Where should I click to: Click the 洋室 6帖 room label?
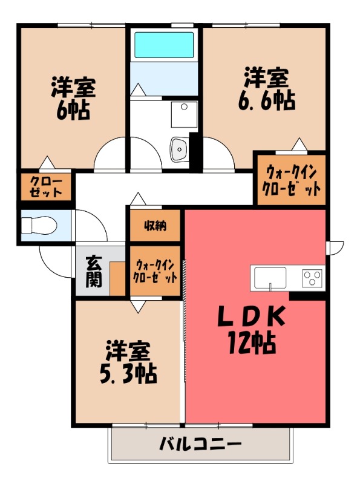click(73, 98)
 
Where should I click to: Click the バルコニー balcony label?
click(200, 445)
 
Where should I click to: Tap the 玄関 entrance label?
click(93, 272)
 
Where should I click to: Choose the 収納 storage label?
click(155, 226)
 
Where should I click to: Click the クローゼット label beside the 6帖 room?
click(45, 186)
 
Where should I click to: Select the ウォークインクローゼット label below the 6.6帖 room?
click(290, 179)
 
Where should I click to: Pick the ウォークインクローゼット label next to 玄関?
click(155, 271)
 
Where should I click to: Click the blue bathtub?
click(164, 44)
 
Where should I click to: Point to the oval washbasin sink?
click(179, 148)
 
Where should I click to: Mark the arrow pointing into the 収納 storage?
click(138, 199)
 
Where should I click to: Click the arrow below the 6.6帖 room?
click(298, 145)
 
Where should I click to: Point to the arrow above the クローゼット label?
click(46, 163)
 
